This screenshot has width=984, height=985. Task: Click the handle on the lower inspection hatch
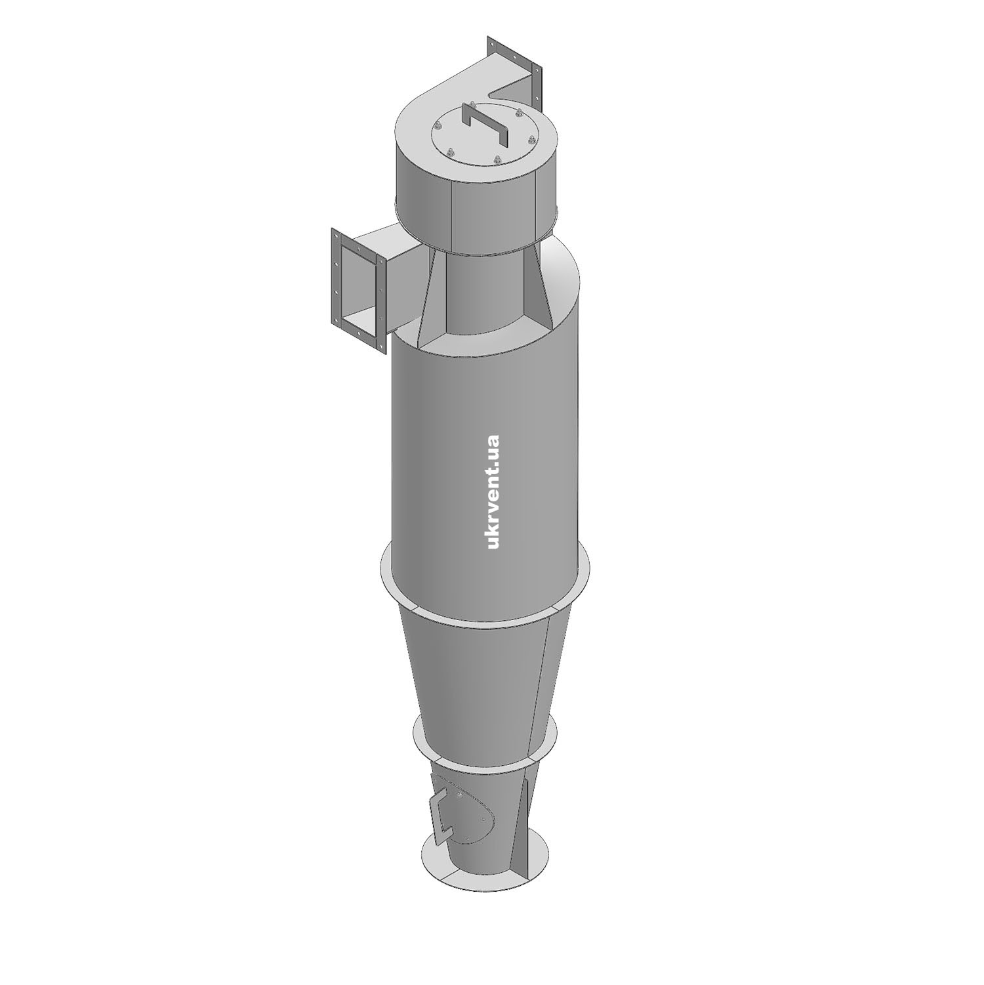(438, 814)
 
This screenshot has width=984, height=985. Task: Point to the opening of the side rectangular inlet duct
(360, 288)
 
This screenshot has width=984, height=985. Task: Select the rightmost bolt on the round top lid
(532, 140)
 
